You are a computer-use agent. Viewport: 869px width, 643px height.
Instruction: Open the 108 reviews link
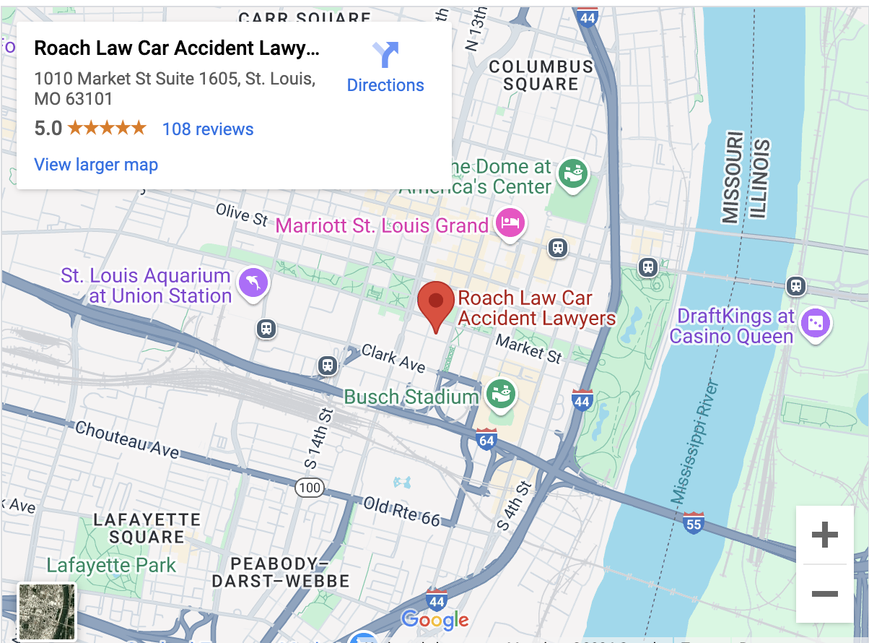point(208,129)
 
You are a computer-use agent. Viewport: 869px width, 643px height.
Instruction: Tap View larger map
point(96,165)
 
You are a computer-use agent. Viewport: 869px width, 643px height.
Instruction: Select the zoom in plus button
point(824,535)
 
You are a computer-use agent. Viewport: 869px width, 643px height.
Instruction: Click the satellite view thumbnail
point(46,612)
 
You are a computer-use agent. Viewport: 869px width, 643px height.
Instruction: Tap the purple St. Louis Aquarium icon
point(253,282)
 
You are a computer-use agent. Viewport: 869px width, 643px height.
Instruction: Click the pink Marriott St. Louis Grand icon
point(510,223)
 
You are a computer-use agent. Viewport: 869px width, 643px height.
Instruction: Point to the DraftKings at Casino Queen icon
point(816,322)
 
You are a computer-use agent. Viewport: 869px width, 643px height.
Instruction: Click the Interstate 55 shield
point(693,522)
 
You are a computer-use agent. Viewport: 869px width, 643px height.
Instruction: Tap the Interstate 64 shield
point(486,439)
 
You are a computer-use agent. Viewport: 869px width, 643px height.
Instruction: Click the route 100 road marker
point(309,488)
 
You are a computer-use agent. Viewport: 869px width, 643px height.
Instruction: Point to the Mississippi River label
point(696,441)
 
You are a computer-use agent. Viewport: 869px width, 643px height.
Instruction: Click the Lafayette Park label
point(111,565)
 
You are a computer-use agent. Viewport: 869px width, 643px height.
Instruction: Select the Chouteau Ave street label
point(127,439)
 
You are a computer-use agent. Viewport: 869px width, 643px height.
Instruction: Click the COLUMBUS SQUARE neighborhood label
point(541,75)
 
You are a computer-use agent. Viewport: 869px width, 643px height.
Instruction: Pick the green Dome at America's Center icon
point(575,173)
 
